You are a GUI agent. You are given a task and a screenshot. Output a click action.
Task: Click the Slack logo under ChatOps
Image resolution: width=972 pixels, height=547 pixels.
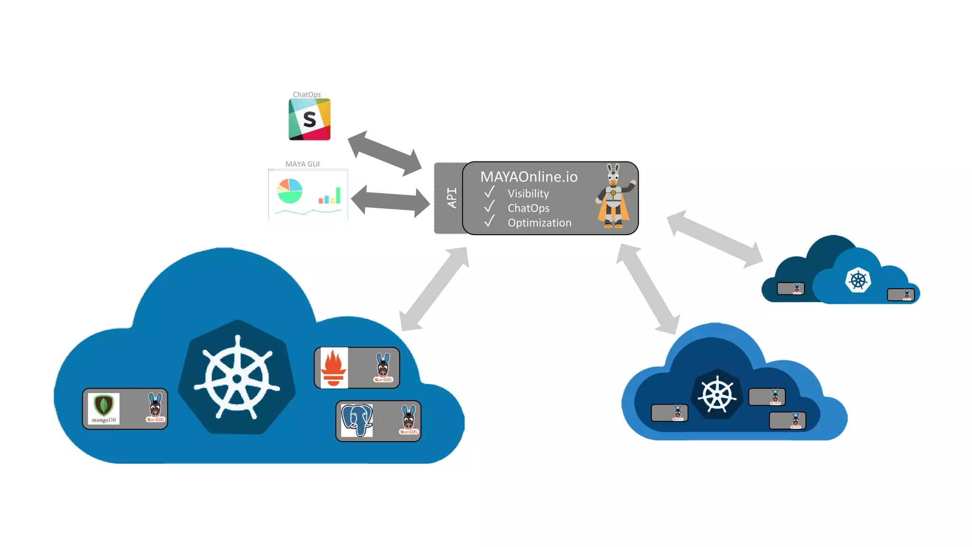309,119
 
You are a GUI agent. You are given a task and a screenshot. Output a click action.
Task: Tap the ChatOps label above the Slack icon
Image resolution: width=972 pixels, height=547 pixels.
307,94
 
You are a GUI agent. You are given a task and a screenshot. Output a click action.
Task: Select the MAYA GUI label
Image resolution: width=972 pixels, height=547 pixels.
302,164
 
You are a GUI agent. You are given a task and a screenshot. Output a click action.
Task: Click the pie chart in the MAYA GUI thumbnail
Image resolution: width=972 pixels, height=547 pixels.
290,191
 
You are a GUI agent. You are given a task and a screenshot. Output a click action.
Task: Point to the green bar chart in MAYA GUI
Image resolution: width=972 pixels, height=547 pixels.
330,196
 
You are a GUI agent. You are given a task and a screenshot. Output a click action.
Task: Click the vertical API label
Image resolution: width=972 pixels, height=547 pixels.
452,198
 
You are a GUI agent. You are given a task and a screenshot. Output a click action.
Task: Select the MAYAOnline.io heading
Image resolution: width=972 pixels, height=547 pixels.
529,177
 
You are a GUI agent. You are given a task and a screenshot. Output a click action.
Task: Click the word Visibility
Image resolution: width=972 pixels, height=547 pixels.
528,194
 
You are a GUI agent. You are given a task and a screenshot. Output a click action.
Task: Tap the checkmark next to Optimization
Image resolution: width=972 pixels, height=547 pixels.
489,222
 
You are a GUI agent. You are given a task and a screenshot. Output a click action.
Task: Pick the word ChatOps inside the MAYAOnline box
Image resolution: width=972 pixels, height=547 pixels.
528,208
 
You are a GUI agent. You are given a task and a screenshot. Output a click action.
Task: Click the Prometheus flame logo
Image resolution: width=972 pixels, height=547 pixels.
334,368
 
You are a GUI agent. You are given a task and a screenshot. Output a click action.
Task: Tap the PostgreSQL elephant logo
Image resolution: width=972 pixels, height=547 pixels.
357,420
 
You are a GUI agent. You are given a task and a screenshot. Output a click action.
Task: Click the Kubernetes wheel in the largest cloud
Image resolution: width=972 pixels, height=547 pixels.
237,377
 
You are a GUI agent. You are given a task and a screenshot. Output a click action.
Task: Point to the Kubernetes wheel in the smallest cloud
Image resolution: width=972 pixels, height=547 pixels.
858,280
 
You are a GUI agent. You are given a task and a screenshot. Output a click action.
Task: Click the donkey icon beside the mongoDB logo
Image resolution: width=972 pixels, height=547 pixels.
155,408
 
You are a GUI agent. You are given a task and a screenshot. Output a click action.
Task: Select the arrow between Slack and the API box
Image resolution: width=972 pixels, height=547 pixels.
384,153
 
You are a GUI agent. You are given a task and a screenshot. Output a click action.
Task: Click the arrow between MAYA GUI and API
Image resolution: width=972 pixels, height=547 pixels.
390,200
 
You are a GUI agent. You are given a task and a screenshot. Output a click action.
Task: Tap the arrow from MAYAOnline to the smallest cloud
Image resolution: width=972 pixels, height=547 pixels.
714,239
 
